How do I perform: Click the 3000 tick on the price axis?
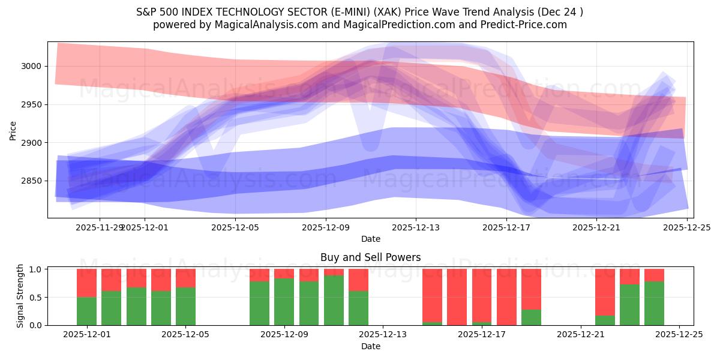click(x=31, y=66)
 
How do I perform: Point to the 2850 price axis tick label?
click(x=31, y=181)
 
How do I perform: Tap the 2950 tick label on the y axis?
click(x=31, y=104)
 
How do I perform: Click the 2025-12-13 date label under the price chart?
click(x=415, y=228)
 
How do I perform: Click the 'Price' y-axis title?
click(x=13, y=130)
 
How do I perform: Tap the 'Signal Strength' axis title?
click(x=20, y=296)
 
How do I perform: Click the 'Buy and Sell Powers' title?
click(x=370, y=257)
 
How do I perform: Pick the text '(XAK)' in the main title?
click(x=432, y=12)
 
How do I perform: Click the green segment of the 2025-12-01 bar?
click(x=86, y=311)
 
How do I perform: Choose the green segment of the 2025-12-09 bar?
click(x=284, y=302)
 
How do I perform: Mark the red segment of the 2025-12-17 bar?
click(x=482, y=296)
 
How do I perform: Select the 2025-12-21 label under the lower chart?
click(x=581, y=335)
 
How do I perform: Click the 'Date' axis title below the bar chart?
click(x=370, y=346)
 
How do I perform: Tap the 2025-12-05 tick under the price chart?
click(x=235, y=228)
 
